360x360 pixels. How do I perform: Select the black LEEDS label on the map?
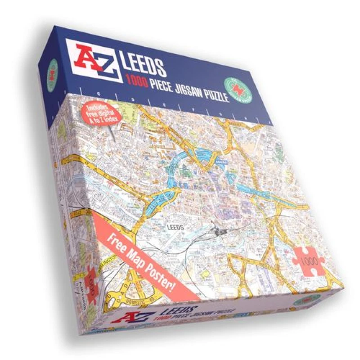click(x=175, y=228)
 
